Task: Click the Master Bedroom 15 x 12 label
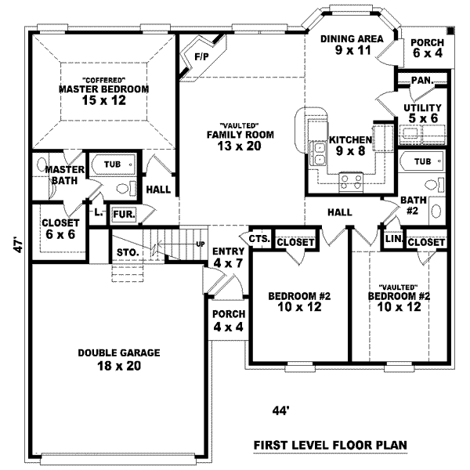103,95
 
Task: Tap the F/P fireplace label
201,57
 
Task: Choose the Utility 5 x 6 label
423,113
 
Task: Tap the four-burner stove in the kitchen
350,182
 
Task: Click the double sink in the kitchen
320,154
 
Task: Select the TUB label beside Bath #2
422,161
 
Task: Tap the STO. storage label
128,252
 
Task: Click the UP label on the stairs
200,245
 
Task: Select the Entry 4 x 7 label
228,257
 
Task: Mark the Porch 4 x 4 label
228,320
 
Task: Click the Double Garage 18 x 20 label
118,360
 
